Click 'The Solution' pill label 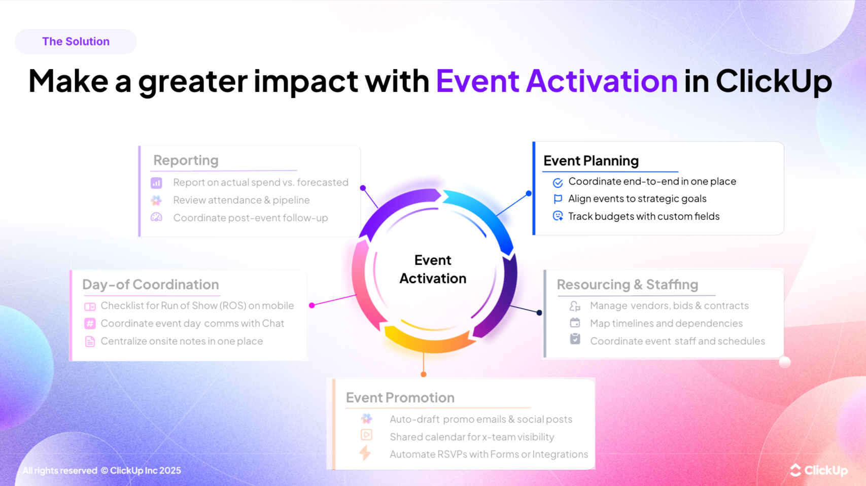pyautogui.click(x=76, y=42)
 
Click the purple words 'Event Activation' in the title pyautogui.click(x=556, y=81)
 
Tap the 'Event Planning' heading pyautogui.click(x=591, y=161)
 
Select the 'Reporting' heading pyautogui.click(x=186, y=160)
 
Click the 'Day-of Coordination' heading pyautogui.click(x=150, y=285)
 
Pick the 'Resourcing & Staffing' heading pyautogui.click(x=627, y=285)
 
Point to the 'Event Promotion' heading pyautogui.click(x=400, y=398)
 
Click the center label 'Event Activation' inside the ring pyautogui.click(x=433, y=269)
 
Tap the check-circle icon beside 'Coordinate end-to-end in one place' pyautogui.click(x=558, y=183)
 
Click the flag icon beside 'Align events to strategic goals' pyautogui.click(x=558, y=199)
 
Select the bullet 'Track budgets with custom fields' pyautogui.click(x=643, y=217)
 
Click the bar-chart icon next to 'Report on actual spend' pyautogui.click(x=156, y=183)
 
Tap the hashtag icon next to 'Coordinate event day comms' pyautogui.click(x=90, y=324)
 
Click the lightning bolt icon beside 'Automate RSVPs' pyautogui.click(x=365, y=453)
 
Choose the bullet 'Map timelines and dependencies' pyautogui.click(x=666, y=324)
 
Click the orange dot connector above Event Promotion pyautogui.click(x=424, y=374)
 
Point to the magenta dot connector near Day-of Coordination pyautogui.click(x=312, y=305)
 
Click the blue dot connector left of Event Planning pyautogui.click(x=529, y=193)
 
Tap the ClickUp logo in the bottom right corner pyautogui.click(x=819, y=470)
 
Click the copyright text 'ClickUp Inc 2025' pyautogui.click(x=145, y=471)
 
